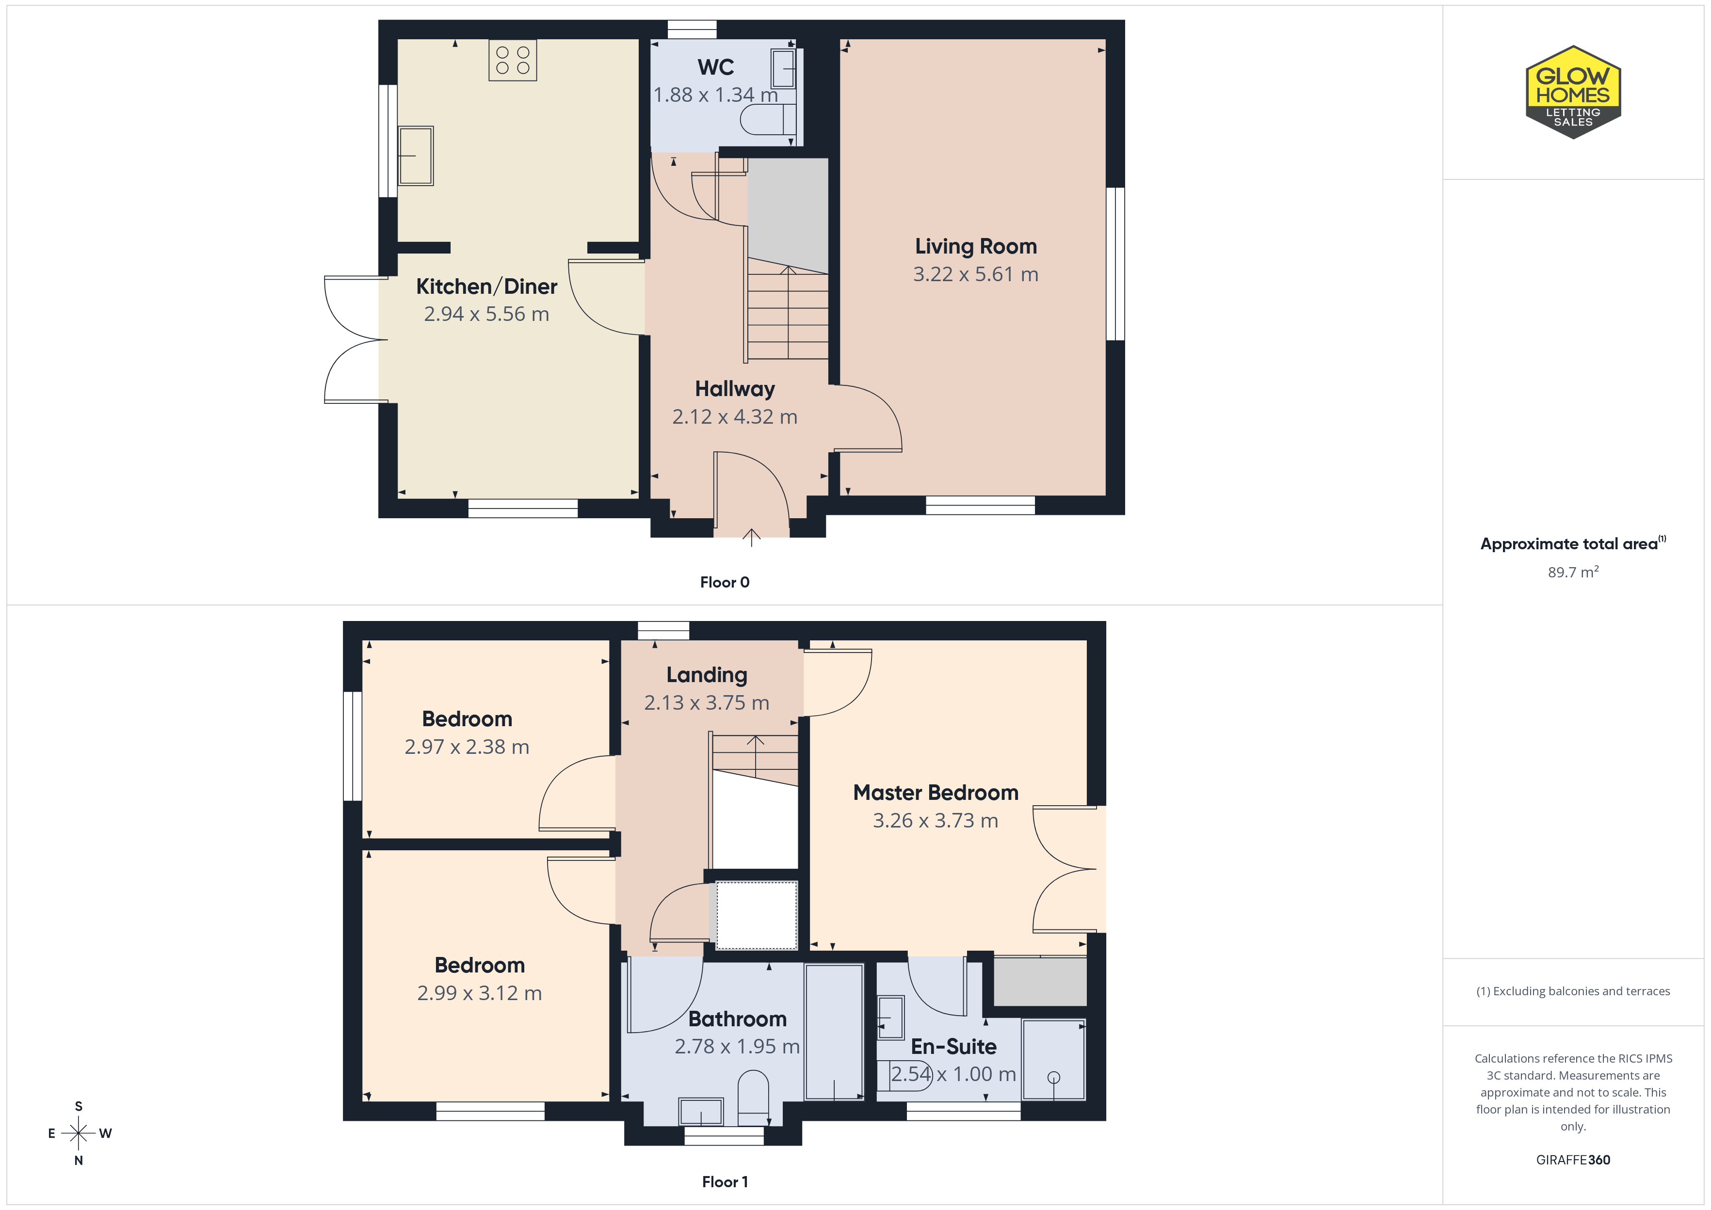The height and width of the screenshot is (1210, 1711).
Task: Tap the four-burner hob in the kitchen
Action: pyautogui.click(x=513, y=60)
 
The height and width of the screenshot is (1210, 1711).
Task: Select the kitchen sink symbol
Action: pyautogui.click(x=415, y=156)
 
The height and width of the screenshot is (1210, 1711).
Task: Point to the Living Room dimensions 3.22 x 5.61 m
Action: pyautogui.click(x=975, y=274)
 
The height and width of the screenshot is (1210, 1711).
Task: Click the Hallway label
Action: pyautogui.click(x=735, y=389)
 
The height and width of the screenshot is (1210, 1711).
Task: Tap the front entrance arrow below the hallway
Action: pyautogui.click(x=751, y=537)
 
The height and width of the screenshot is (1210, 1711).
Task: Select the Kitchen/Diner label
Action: pyautogui.click(x=486, y=286)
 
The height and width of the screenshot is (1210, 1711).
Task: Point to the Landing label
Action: pyautogui.click(x=707, y=675)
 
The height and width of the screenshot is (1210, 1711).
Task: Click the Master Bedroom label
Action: pyautogui.click(x=936, y=793)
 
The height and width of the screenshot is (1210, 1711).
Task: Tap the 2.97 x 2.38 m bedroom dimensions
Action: pyautogui.click(x=467, y=747)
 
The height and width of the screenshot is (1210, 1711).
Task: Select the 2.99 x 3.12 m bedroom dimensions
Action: pyautogui.click(x=479, y=993)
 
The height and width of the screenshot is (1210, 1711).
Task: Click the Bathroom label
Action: pyautogui.click(x=738, y=1019)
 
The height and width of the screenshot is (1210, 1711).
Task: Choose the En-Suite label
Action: pyautogui.click(x=954, y=1046)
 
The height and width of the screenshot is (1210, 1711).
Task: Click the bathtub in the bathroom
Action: pyautogui.click(x=834, y=1032)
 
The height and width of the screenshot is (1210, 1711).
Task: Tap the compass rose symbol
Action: pyautogui.click(x=78, y=1133)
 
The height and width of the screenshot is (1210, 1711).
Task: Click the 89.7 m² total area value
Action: pyautogui.click(x=1573, y=572)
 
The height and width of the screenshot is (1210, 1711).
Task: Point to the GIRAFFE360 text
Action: pyautogui.click(x=1573, y=1160)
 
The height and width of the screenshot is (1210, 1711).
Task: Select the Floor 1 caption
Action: pyautogui.click(x=725, y=1182)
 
